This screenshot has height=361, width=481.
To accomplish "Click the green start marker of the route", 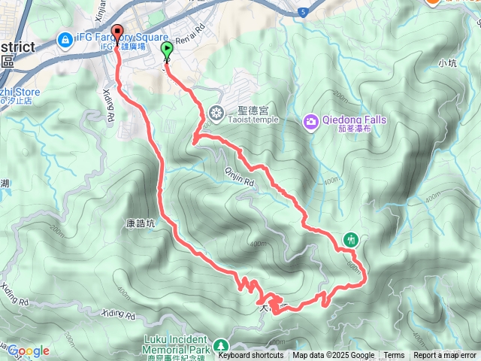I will tap(167, 51).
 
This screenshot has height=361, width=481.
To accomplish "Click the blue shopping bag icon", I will tap(65, 38).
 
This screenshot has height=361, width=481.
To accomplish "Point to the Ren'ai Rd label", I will tap(190, 34).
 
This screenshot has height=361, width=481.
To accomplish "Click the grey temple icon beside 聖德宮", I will tap(216, 114).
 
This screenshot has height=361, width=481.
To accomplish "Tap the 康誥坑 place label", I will tap(140, 223).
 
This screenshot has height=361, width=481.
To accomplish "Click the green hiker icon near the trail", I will tap(350, 240).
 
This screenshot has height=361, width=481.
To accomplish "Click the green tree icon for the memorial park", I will tap(221, 346).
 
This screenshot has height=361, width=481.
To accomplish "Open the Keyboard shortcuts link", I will tap(251, 355).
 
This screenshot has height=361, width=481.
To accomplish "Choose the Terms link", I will tap(394, 355).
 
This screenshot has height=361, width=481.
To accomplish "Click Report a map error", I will tap(445, 355).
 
